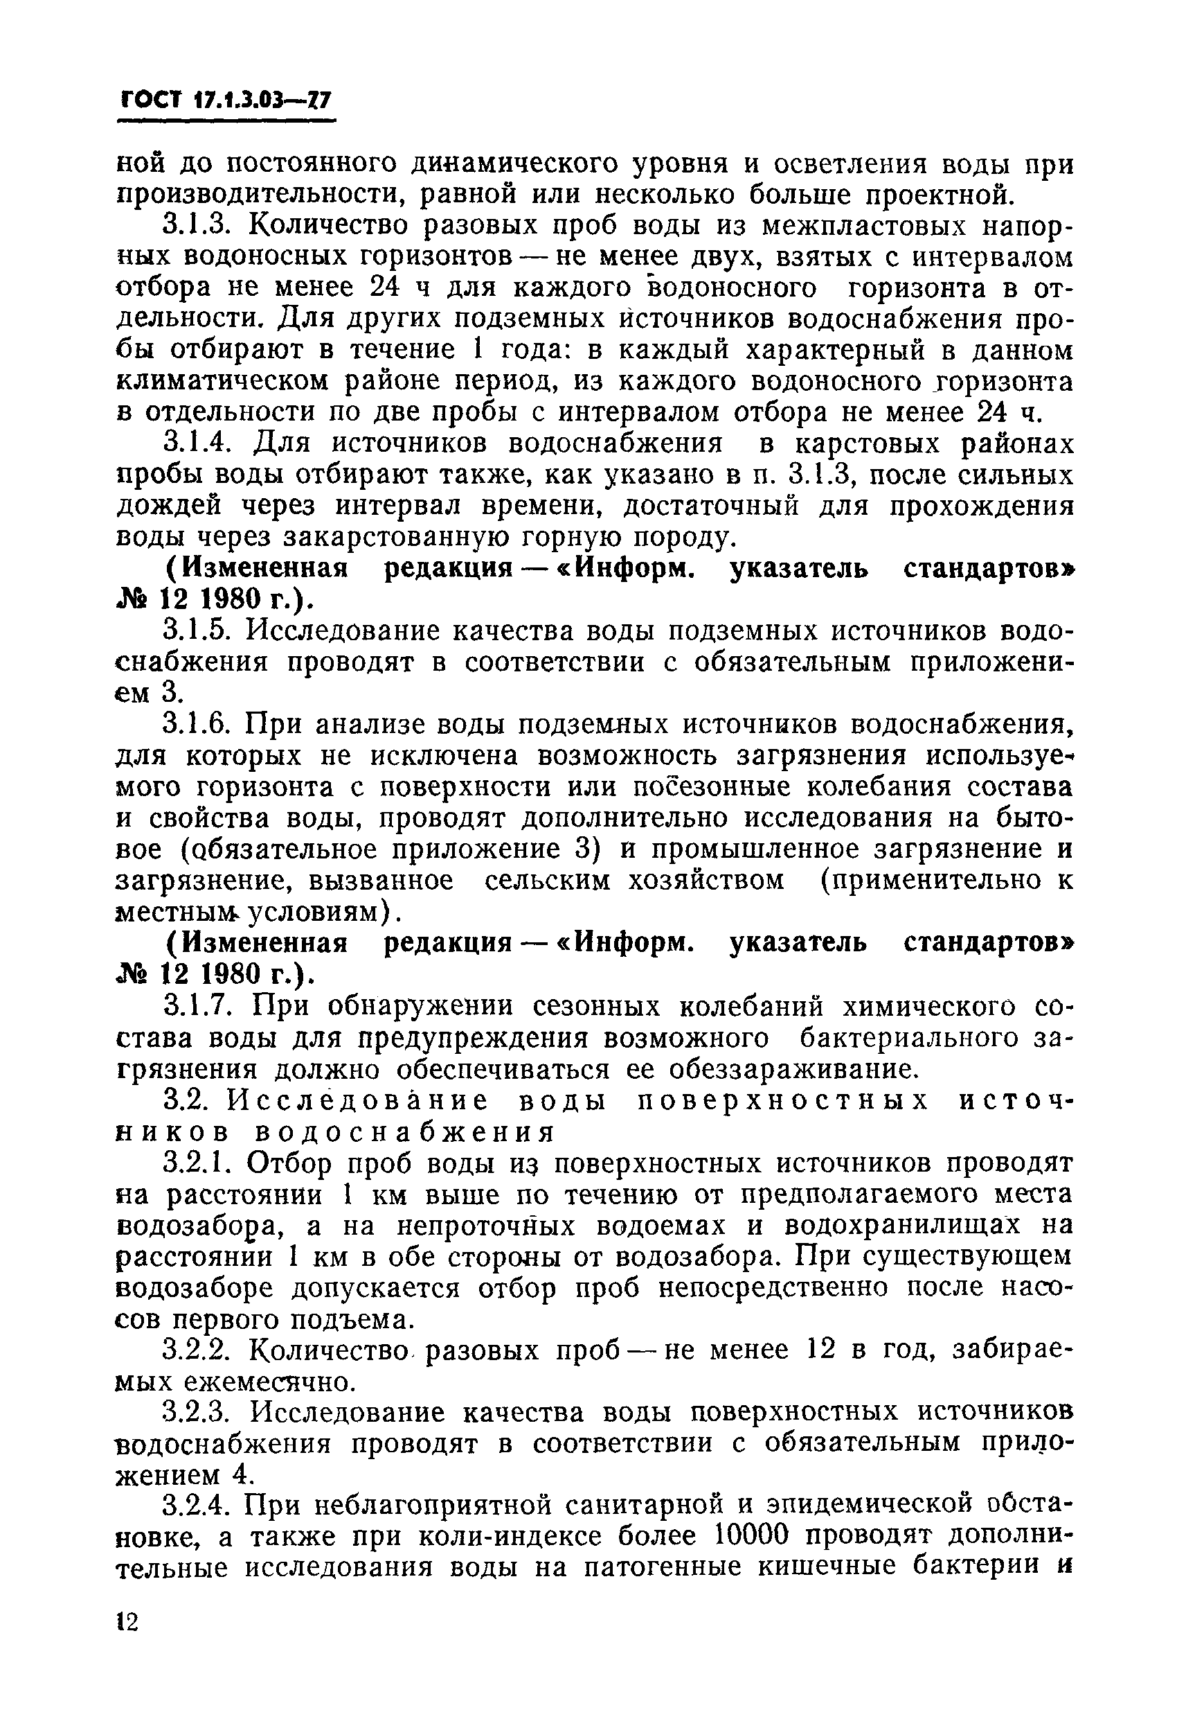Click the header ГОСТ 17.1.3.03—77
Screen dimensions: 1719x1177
coord(226,100)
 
